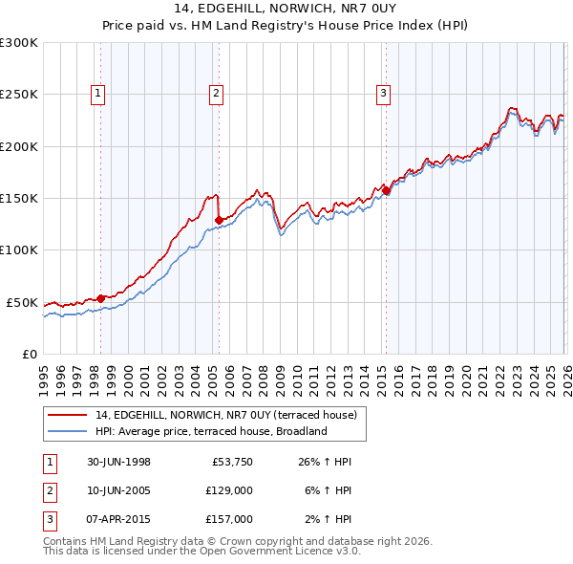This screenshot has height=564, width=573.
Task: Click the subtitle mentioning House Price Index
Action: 286,26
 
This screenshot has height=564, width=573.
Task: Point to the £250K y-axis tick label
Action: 19,95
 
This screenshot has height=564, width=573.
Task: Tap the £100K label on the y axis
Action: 19,249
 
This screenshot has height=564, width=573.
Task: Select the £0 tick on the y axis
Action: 29,354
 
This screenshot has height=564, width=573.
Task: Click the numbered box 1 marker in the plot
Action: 99,94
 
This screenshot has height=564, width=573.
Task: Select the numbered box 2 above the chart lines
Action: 217,94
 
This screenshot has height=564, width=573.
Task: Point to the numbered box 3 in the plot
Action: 382,94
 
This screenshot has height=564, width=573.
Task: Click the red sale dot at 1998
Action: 101,298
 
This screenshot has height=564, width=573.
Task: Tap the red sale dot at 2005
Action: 219,220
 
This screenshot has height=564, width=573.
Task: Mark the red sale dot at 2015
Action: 387,191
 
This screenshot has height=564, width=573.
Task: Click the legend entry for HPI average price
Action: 210,431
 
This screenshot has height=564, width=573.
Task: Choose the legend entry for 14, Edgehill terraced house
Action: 225,415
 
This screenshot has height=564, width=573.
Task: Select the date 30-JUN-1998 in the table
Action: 117,462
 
